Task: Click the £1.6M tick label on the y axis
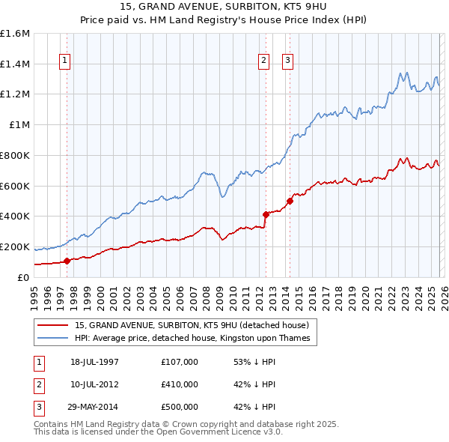click(15, 34)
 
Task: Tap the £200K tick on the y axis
click(15, 246)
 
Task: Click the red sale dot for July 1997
click(67, 261)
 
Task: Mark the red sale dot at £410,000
click(265, 214)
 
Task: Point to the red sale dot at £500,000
click(290, 201)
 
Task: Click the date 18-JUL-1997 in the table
click(94, 362)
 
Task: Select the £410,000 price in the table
click(179, 384)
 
